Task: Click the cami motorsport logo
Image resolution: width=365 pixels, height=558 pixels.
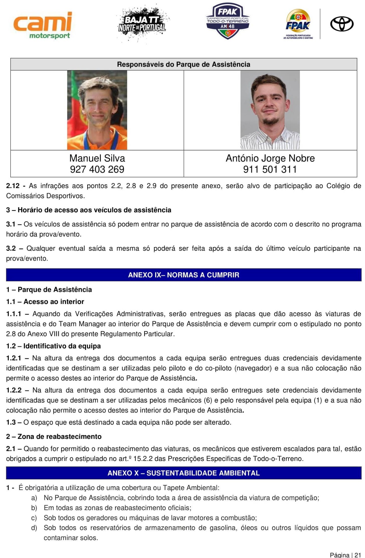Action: pyautogui.click(x=42, y=26)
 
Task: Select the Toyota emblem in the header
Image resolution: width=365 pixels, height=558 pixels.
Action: pyautogui.click(x=342, y=24)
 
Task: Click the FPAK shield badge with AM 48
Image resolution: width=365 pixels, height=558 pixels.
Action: pyautogui.click(x=228, y=21)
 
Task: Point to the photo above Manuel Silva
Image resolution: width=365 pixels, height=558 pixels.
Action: pyautogui.click(x=97, y=110)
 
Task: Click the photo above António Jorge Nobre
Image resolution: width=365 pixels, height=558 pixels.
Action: pyautogui.click(x=270, y=110)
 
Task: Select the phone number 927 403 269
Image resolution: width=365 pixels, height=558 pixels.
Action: pyautogui.click(x=97, y=169)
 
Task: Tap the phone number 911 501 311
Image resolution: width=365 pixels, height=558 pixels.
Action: pyautogui.click(x=270, y=169)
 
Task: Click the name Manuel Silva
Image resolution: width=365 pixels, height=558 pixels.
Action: pyautogui.click(x=97, y=158)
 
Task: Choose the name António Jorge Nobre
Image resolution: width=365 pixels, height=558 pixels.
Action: pyautogui.click(x=270, y=158)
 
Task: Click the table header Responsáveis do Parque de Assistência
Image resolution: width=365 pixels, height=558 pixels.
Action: pyautogui.click(x=183, y=65)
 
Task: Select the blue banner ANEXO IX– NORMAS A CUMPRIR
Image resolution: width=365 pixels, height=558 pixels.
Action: pyautogui.click(x=183, y=275)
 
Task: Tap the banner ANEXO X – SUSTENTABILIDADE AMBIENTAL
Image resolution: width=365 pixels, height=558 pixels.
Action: pyautogui.click(x=183, y=473)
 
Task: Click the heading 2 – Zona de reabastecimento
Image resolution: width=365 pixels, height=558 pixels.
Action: pyautogui.click(x=54, y=437)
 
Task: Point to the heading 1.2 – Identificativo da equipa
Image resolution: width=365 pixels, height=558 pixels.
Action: pyautogui.click(x=53, y=346)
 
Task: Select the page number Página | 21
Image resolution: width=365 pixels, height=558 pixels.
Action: pyautogui.click(x=345, y=555)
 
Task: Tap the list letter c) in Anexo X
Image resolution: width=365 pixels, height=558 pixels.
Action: pyautogui.click(x=34, y=518)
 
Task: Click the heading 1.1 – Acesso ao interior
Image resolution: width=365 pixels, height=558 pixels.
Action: pyautogui.click(x=45, y=302)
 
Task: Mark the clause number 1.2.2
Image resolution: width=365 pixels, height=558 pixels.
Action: pyautogui.click(x=14, y=390)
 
